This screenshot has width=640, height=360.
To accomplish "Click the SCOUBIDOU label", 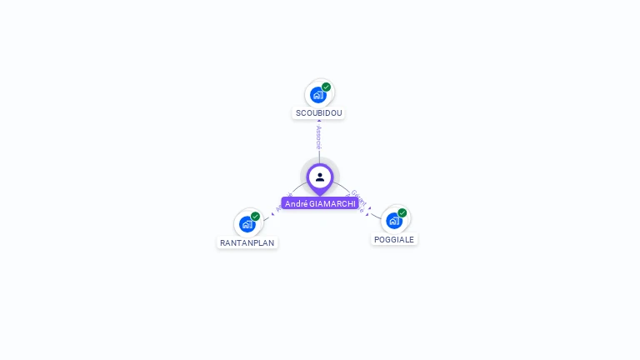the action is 318,113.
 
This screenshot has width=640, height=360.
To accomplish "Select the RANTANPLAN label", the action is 247,243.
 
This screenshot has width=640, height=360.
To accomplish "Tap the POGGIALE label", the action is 394,239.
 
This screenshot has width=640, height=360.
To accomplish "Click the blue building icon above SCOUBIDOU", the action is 317,95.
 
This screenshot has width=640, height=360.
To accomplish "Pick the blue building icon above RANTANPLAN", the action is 247,224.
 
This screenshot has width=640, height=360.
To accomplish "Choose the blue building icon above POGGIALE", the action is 393,221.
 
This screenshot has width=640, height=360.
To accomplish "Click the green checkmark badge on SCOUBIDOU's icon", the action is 327,87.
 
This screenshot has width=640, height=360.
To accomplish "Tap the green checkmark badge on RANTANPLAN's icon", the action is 256,216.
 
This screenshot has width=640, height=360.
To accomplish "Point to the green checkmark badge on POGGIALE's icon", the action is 402,212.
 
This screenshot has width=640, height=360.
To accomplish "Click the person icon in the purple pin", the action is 320,177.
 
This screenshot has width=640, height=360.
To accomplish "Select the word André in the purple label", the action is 296,203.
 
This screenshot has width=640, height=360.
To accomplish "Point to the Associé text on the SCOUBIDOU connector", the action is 318,137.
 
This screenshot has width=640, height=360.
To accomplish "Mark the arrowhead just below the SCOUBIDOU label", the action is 318,122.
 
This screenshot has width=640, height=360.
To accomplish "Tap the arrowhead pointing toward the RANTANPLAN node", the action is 272,213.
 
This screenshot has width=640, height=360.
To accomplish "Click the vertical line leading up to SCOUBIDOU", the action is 318,155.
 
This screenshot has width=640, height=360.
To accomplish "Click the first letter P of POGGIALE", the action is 377,239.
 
